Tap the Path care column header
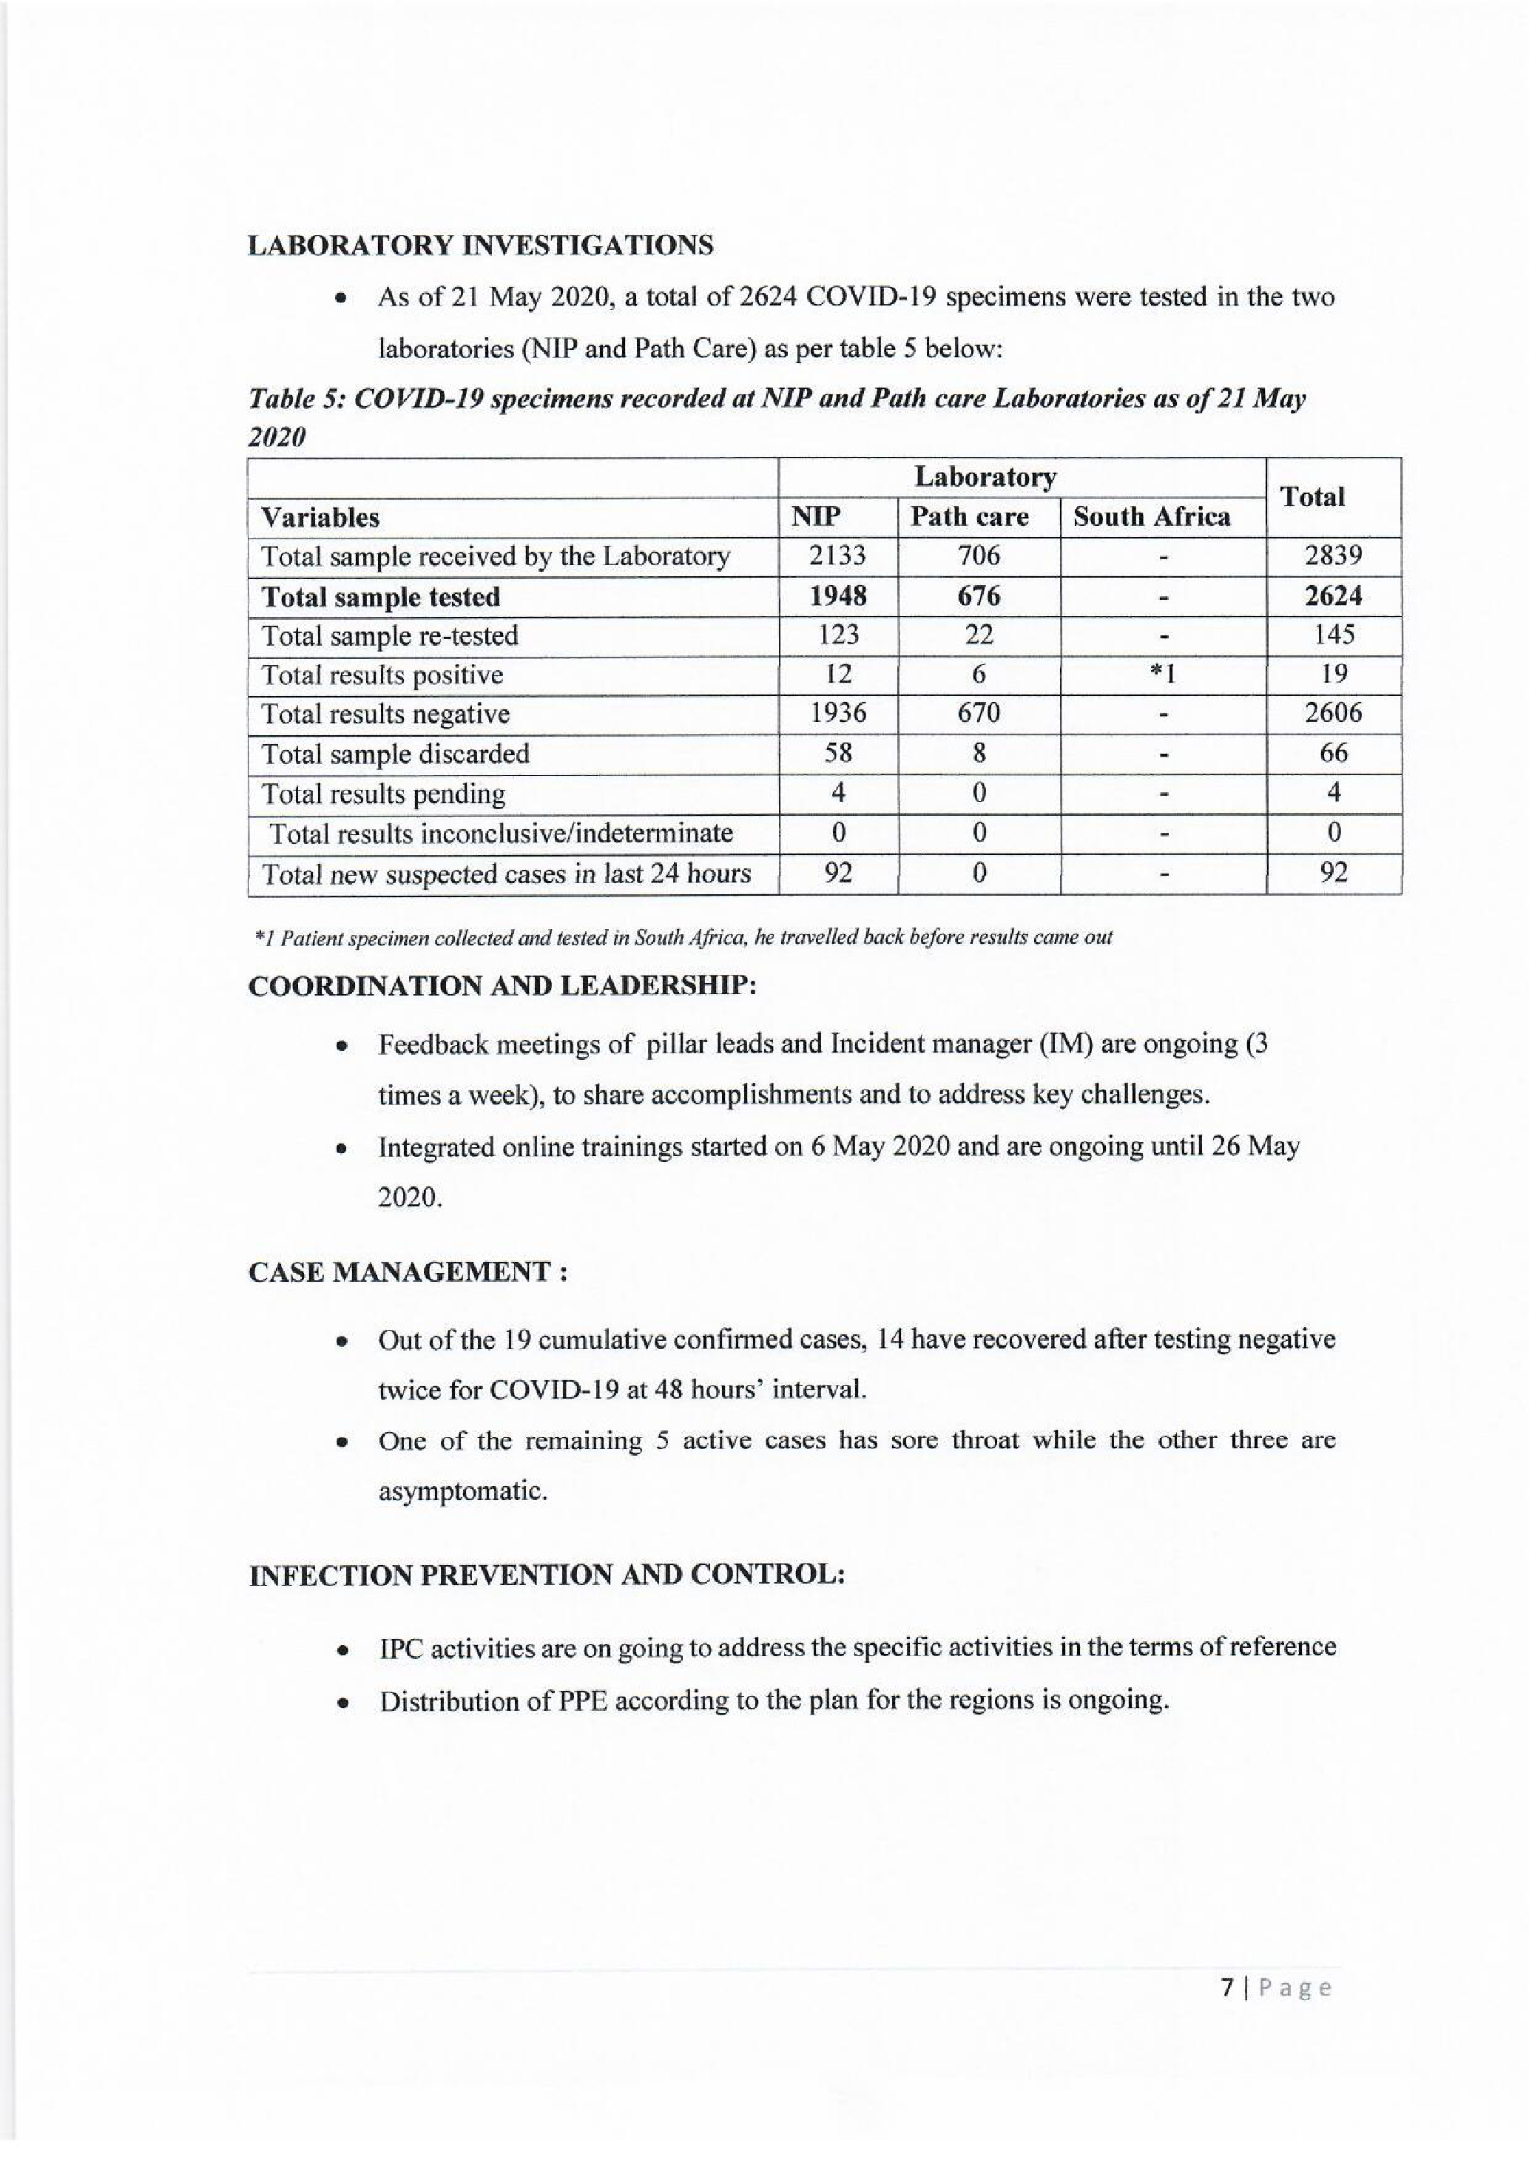[969, 517]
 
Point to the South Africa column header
[1152, 517]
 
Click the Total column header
[1314, 496]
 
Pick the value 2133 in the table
[837, 556]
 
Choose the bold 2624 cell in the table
[1333, 596]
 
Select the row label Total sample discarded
[396, 753]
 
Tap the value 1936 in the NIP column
[837, 714]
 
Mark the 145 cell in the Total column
[1333, 635]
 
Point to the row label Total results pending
[383, 794]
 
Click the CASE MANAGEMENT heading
[407, 1272]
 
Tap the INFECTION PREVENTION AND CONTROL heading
[546, 1575]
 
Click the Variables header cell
[320, 518]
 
